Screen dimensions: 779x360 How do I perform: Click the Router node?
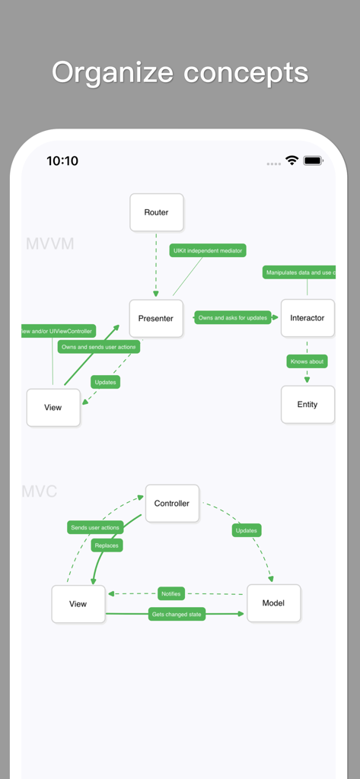pos(156,212)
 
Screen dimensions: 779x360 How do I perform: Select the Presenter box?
pos(156,318)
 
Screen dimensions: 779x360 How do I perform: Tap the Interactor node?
pos(307,318)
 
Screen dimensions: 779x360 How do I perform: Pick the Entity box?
pos(307,405)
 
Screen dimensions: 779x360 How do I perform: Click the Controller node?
pos(172,504)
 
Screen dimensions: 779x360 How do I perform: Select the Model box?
pos(273,603)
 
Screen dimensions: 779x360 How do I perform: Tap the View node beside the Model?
pos(78,604)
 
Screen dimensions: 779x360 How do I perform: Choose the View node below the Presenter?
pos(53,408)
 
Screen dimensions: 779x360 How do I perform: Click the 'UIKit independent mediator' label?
pos(208,250)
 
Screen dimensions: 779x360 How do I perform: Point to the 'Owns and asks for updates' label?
pos(233,318)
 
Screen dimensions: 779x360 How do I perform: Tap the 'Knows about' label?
pos(307,361)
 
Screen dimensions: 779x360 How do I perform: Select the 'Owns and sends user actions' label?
pos(99,347)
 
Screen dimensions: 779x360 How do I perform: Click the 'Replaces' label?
pos(107,545)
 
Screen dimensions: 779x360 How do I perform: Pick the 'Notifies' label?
pos(171,593)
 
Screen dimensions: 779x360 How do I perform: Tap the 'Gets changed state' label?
pos(177,614)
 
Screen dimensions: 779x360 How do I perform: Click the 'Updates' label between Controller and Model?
pos(247,530)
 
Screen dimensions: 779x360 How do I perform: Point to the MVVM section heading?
pos(50,244)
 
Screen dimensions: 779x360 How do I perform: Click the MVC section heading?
pos(40,491)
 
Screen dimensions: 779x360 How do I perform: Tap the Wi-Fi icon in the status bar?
pos(292,161)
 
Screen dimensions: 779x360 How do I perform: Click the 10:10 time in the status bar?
pos(62,161)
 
